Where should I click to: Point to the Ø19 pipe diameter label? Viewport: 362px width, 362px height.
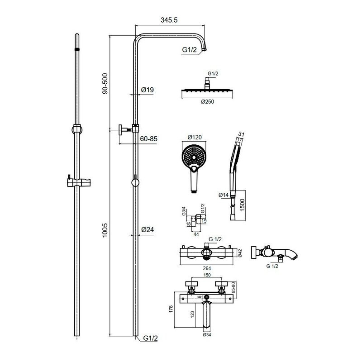click(x=148, y=90)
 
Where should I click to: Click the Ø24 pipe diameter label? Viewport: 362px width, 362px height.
click(x=148, y=230)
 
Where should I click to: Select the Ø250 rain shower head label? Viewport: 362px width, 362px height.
click(x=207, y=101)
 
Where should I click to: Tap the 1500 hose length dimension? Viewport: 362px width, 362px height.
click(x=243, y=206)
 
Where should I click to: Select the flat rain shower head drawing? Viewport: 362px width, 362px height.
click(x=207, y=92)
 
